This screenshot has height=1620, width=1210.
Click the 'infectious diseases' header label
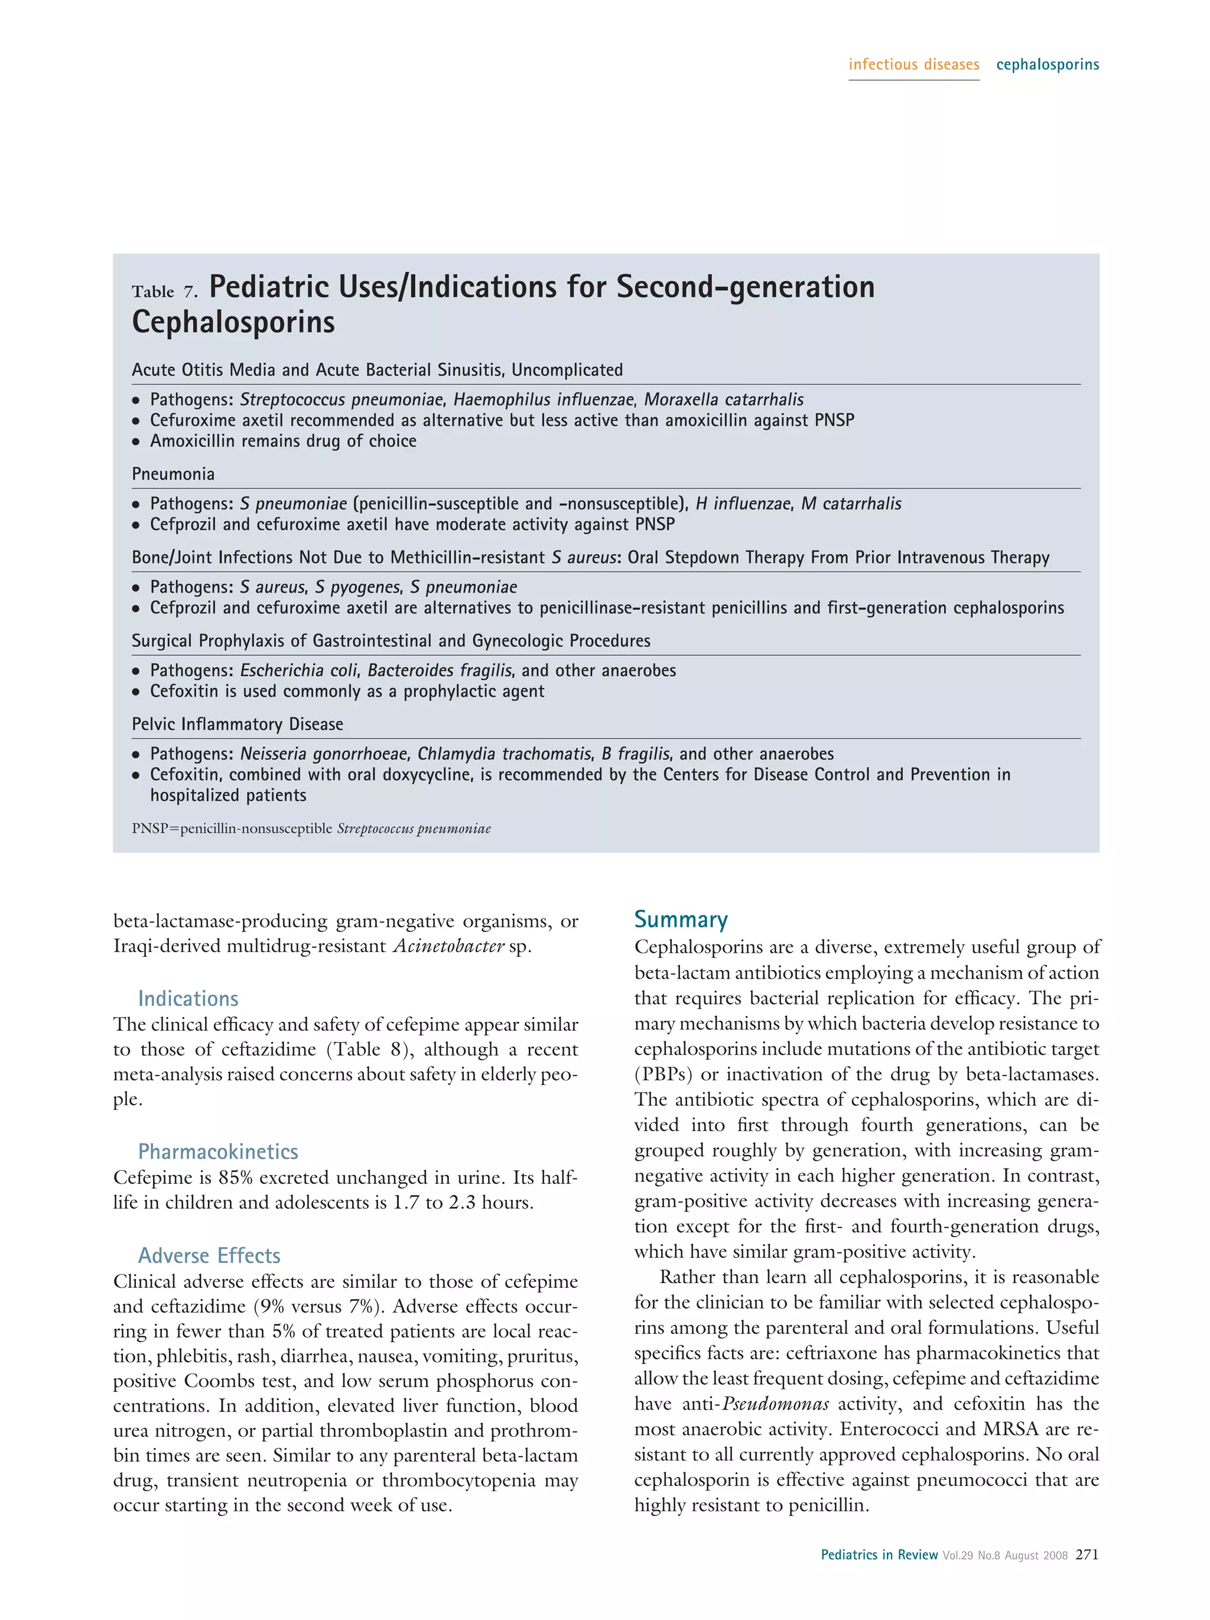[913, 64]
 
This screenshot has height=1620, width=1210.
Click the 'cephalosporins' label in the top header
[1047, 64]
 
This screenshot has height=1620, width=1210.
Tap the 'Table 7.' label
[165, 291]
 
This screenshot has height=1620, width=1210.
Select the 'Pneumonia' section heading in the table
[173, 474]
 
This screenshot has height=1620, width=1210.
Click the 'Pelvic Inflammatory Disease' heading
[237, 725]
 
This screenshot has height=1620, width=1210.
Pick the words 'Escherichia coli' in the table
[298, 670]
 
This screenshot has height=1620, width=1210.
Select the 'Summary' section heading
[680, 919]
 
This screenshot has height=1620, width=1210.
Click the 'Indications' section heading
[188, 998]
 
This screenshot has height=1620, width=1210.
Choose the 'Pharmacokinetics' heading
[217, 1151]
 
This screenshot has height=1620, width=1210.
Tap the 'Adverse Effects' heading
[209, 1255]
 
